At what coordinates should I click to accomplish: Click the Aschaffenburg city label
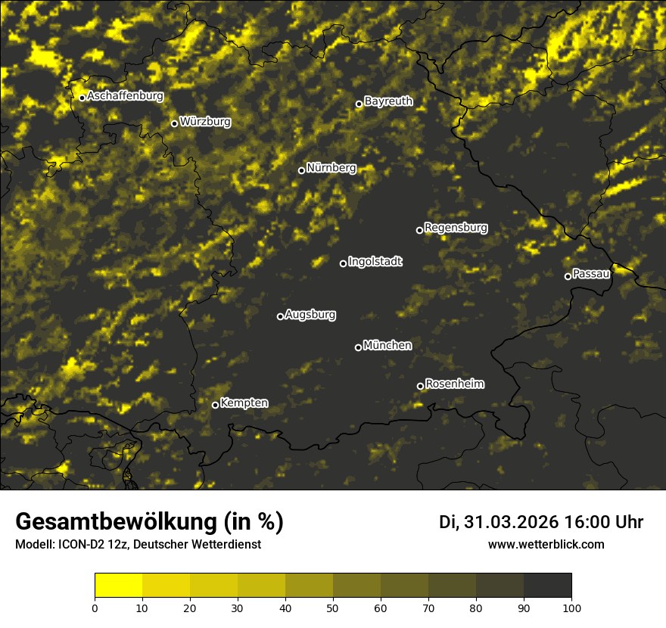tap(125, 96)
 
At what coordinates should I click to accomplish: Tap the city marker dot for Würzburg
tap(174, 123)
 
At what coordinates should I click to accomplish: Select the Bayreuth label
tap(388, 101)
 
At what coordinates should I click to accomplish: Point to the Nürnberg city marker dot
tap(301, 170)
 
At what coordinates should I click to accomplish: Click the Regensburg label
tap(456, 227)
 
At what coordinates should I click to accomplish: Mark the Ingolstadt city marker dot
tap(343, 263)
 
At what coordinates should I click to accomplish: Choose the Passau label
tap(591, 274)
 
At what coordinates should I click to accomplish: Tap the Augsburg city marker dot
tap(280, 316)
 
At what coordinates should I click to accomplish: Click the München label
tap(387, 346)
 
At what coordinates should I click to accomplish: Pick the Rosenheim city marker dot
tap(420, 387)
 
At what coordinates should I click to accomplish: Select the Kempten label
tap(244, 403)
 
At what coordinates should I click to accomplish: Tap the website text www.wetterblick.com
tap(546, 544)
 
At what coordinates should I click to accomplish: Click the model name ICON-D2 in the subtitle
tap(78, 544)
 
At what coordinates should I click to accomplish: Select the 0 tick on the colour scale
tap(95, 608)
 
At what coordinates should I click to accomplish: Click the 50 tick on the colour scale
tap(333, 608)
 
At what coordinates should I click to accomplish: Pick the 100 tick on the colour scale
tap(571, 608)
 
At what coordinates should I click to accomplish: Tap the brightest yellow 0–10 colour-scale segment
tap(119, 586)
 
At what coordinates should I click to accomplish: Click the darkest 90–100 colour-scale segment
tap(547, 586)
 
